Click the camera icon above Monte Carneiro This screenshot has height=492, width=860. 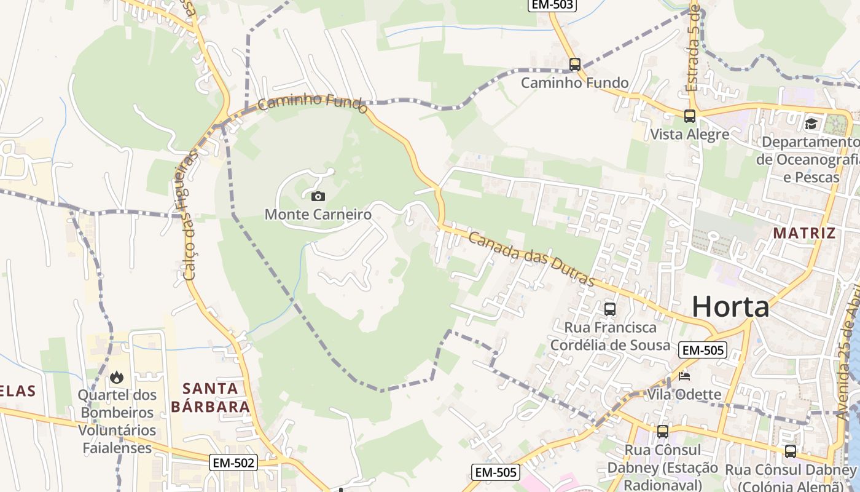pos(318,196)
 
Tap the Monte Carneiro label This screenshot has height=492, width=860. pos(318,215)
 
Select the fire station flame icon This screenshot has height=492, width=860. pos(117,376)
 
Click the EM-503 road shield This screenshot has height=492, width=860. pos(552,5)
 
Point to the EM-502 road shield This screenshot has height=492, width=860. pos(233,463)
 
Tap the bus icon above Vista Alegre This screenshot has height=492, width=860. pos(690,116)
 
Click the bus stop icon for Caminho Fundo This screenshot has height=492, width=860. pos(575,64)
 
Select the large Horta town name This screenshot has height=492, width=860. pos(730,306)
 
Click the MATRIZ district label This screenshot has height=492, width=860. pos(804,233)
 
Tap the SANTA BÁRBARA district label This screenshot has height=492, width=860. pos(211,397)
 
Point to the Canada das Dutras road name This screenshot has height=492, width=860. pos(532,259)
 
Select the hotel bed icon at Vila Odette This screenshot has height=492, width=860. pos(684,376)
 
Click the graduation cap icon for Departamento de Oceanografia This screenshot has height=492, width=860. pos(811,124)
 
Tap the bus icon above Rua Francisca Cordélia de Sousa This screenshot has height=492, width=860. pos(610,309)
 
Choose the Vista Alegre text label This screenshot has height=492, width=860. pos(690,134)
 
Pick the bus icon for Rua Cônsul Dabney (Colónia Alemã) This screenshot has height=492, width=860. pos(791,451)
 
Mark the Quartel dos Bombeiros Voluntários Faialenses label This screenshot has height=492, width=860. pos(117,421)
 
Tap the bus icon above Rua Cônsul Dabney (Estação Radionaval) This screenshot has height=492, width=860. pos(662,432)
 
